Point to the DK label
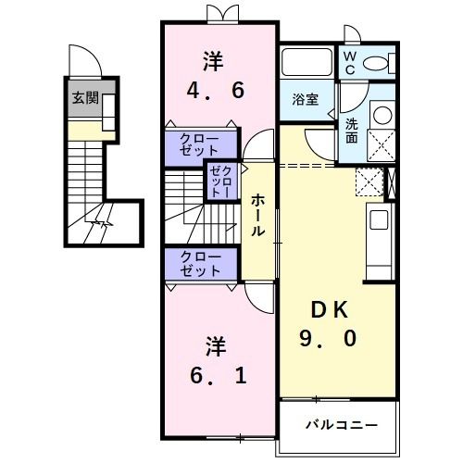[x=329, y=310]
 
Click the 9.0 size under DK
[x=329, y=339]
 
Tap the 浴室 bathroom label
[x=306, y=100]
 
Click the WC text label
[x=350, y=63]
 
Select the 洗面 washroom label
[x=353, y=131]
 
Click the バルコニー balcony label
[x=342, y=425]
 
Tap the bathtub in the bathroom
[x=307, y=64]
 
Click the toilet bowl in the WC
[x=380, y=64]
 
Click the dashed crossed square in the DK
[x=369, y=181]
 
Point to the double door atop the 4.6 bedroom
[x=219, y=13]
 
